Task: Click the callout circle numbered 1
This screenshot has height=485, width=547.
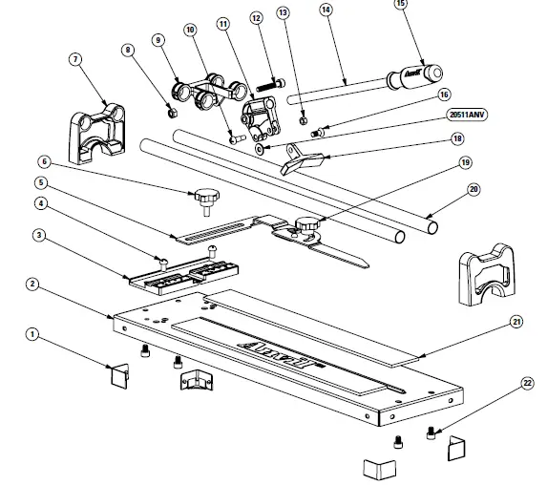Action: [x=32, y=334]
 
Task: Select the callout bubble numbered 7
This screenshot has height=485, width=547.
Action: [x=74, y=60]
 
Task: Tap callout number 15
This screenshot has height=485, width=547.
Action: [x=400, y=3]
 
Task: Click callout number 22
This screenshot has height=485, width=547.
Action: [x=525, y=384]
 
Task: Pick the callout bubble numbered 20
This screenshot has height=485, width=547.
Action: [x=473, y=188]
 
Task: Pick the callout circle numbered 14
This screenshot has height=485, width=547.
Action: [x=325, y=10]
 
